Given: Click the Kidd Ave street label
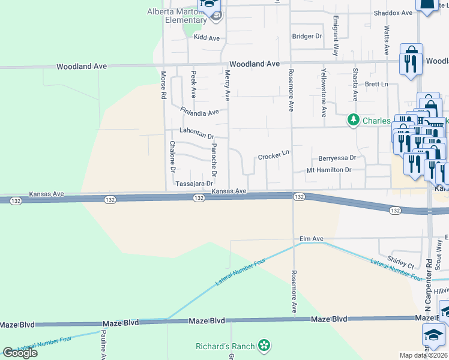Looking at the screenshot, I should (x=205, y=37).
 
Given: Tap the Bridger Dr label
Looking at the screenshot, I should (x=307, y=37).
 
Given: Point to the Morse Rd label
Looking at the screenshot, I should (x=163, y=87).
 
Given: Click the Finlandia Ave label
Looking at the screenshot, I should (x=199, y=112).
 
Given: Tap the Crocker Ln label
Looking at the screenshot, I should (x=274, y=156).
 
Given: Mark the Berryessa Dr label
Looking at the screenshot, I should (x=337, y=158).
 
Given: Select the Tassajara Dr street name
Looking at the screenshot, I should (x=194, y=184).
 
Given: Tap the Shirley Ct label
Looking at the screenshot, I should (x=401, y=265).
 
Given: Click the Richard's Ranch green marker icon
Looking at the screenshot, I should (x=263, y=345).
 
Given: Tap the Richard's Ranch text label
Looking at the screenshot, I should (x=224, y=346).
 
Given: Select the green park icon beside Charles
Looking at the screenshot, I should (x=354, y=121).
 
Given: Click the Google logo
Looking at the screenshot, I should (x=20, y=353).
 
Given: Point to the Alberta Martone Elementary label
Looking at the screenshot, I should (x=178, y=16).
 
